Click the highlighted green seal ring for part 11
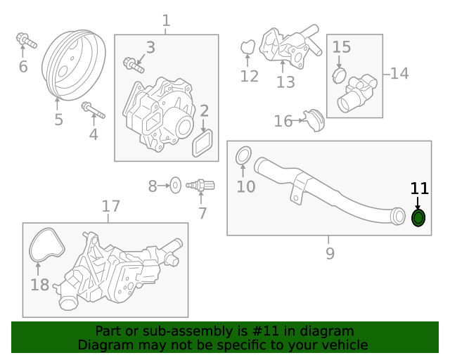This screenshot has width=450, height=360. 418,219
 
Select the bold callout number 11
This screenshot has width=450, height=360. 419,188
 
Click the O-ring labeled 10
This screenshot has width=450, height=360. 243,154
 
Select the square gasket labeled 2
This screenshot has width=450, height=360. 203,143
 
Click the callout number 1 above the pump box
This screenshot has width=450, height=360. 166,22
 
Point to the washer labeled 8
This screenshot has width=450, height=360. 176,186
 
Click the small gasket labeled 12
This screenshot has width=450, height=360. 247,48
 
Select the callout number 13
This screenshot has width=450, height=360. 285,82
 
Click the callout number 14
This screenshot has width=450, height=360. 399,72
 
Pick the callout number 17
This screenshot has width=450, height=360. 111,207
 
